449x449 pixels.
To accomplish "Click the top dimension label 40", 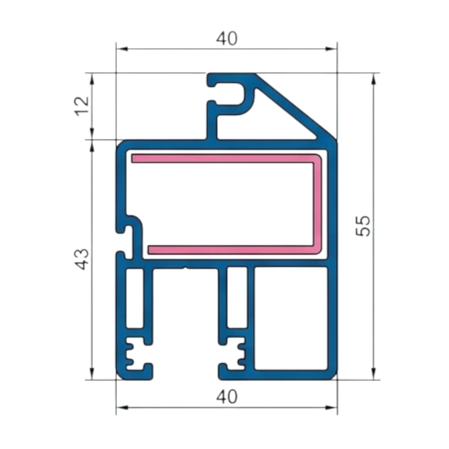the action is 227,39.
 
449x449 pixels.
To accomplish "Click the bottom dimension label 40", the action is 227,397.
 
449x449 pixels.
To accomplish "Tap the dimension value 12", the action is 82,106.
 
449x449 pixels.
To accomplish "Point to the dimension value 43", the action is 82,259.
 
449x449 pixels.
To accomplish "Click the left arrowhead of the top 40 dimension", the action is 122,49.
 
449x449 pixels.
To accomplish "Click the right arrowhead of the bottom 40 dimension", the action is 331,407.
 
